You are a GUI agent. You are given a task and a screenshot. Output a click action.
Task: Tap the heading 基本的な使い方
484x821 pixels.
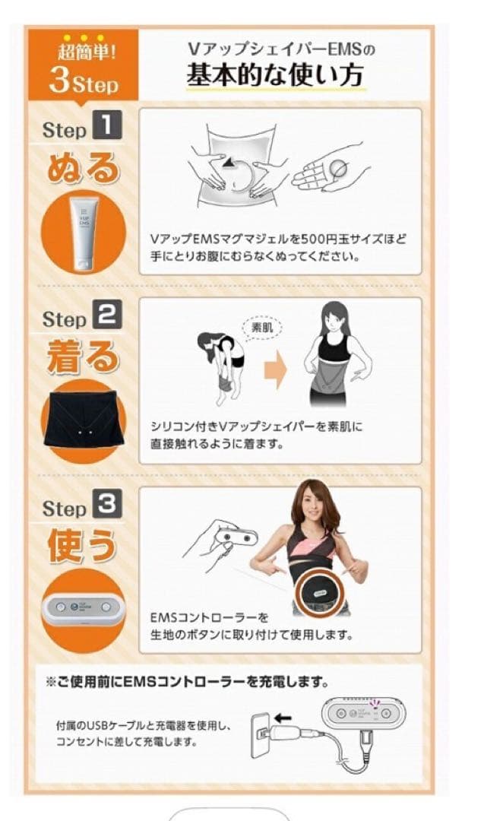(x=277, y=77)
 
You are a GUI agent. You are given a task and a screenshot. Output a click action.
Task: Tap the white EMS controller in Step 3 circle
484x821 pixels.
(x=84, y=610)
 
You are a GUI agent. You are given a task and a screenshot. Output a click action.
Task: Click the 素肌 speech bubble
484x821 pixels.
(x=260, y=328)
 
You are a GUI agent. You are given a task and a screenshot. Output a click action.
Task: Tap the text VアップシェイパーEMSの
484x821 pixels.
(x=281, y=50)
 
